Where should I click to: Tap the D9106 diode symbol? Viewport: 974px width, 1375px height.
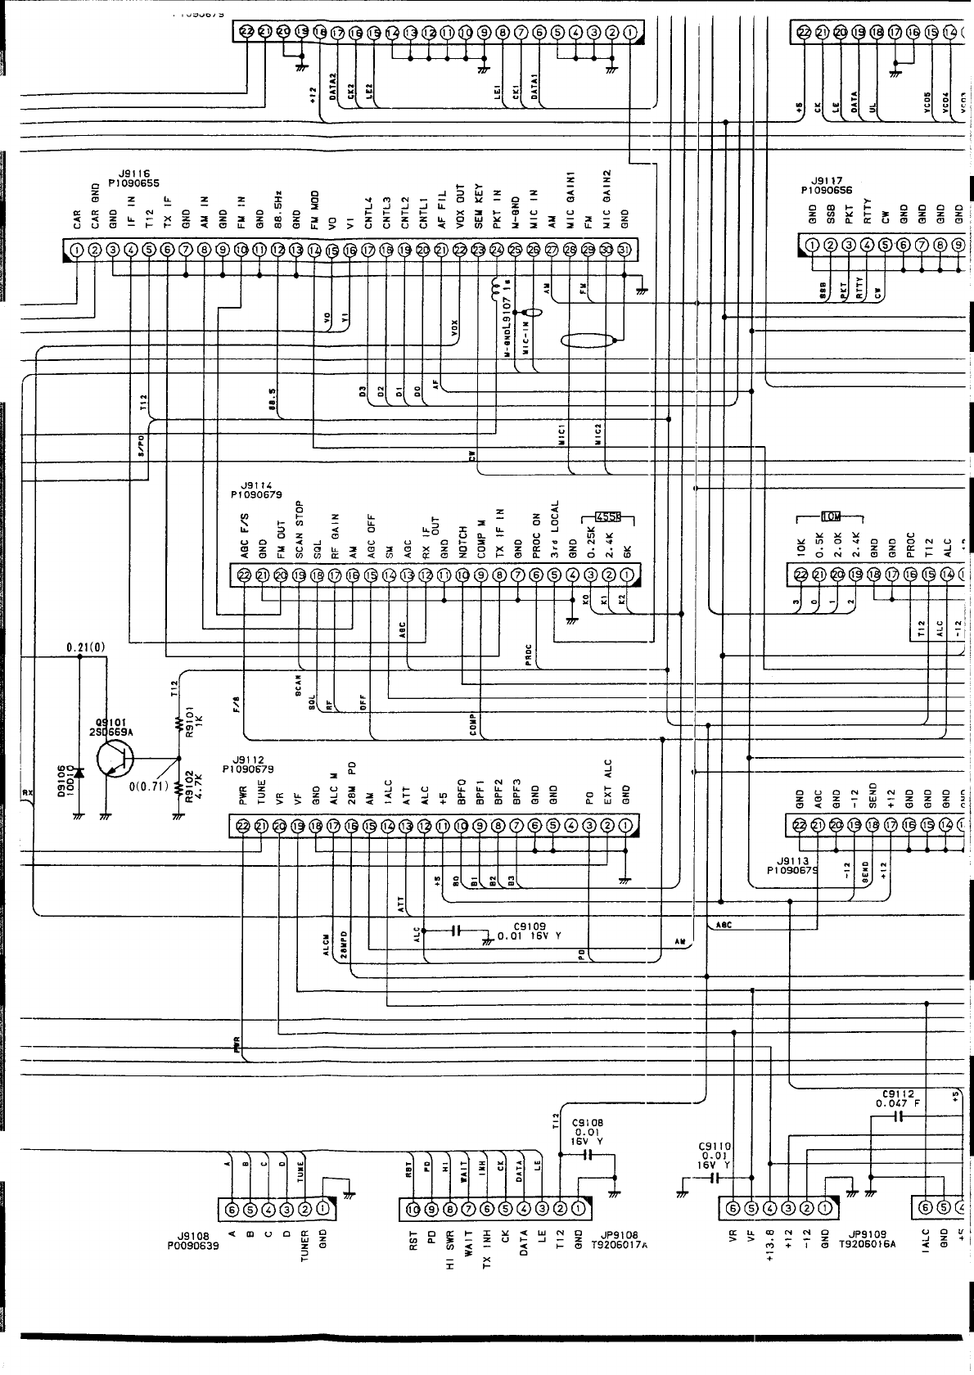(x=79, y=773)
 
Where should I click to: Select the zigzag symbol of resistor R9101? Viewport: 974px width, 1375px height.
(x=178, y=723)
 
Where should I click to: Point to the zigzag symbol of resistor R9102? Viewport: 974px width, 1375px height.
(x=178, y=787)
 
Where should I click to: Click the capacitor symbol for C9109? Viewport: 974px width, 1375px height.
(x=457, y=931)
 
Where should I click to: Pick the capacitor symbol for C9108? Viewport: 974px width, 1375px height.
(x=588, y=1155)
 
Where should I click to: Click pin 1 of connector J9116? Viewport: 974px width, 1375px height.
(x=76, y=250)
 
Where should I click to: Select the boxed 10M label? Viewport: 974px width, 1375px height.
(x=831, y=516)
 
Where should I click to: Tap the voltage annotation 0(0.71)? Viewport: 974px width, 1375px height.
(x=148, y=787)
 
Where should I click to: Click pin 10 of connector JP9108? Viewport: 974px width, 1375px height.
(x=413, y=1207)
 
